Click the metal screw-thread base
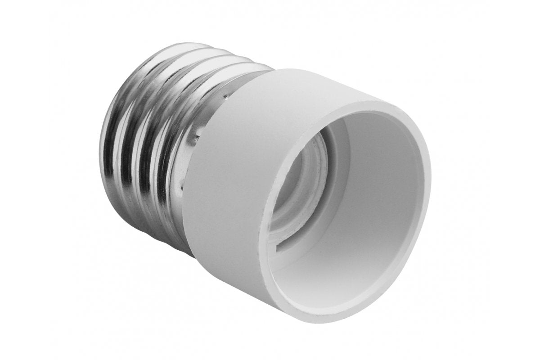[148, 135]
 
